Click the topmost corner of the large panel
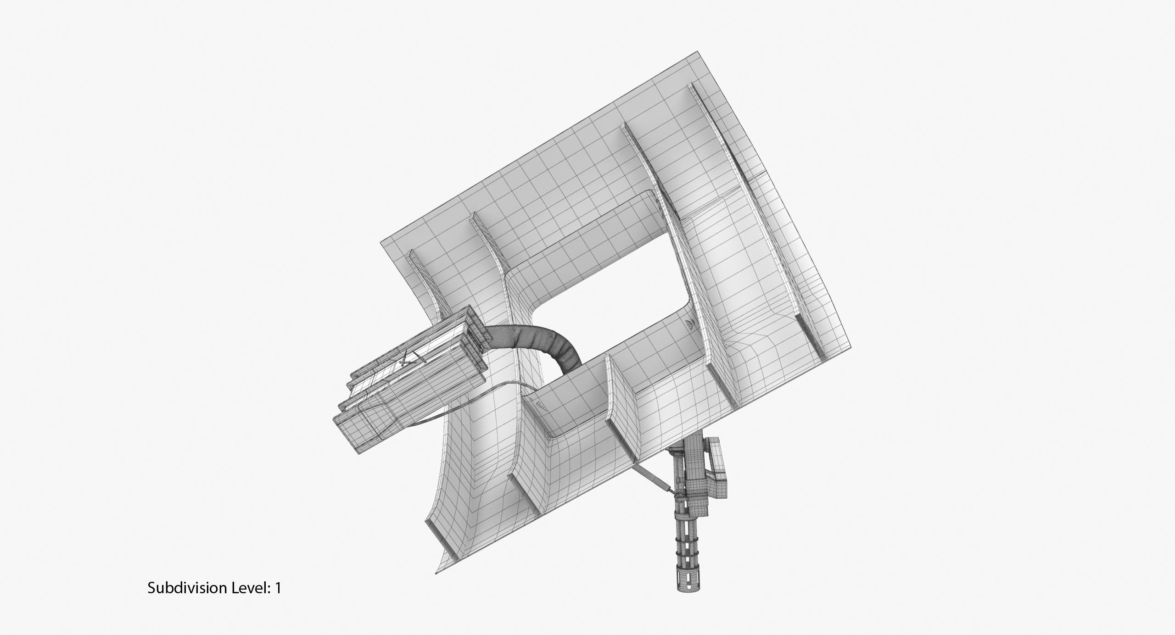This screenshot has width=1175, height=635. point(698,52)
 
